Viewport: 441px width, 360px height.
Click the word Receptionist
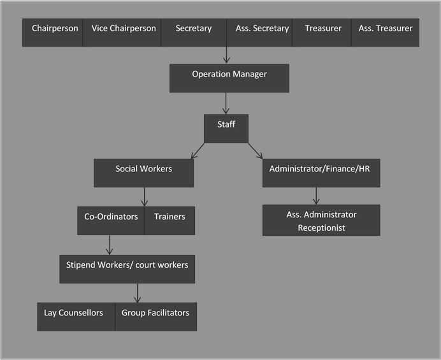tap(321, 228)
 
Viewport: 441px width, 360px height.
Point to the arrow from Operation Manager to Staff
tap(226, 103)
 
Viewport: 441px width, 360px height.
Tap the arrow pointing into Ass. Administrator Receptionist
tap(317, 196)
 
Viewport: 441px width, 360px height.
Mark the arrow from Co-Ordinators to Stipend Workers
tap(110, 245)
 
